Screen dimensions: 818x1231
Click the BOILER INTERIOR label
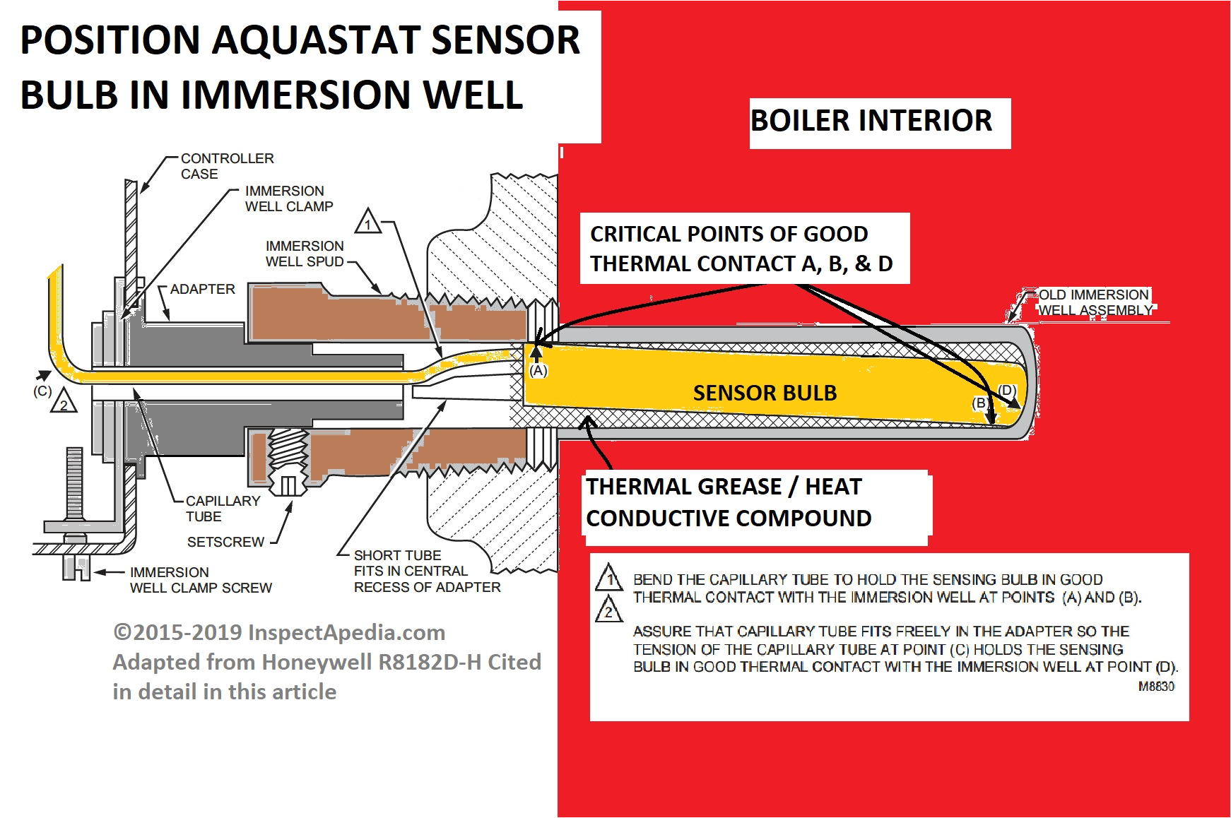pos(871,121)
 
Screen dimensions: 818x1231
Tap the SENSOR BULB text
pos(765,393)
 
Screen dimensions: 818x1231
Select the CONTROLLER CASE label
pos(226,166)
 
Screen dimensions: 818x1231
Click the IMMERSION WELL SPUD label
pos(304,254)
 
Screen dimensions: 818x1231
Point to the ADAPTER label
pos(202,290)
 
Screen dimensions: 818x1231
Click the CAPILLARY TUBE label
pos(222,509)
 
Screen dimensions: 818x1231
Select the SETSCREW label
pos(225,542)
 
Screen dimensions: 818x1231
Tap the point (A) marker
pos(538,371)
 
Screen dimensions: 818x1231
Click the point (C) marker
pos(42,391)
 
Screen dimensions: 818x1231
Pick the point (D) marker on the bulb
pos(1007,391)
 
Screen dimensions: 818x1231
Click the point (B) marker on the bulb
pos(979,403)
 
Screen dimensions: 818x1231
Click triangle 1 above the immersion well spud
pos(367,222)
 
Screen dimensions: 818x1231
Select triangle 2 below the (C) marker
pos(64,402)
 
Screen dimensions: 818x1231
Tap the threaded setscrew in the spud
pos(288,459)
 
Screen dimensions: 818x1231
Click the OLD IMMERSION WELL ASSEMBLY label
pos(1094,302)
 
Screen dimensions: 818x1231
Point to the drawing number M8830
pos(1156,687)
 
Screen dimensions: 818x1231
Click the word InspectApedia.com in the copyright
pos(346,633)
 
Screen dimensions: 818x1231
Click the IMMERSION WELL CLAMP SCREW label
pos(200,580)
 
